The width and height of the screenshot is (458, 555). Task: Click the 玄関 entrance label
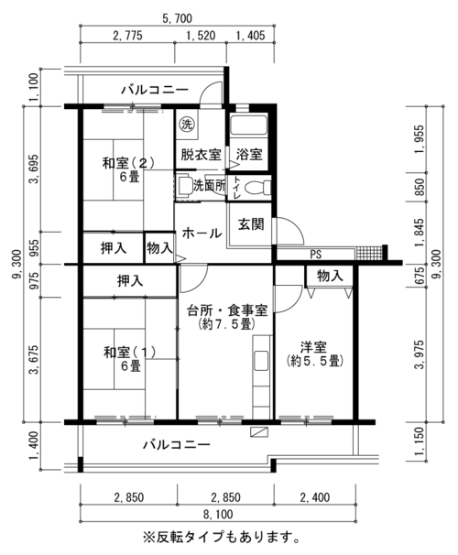point(251,224)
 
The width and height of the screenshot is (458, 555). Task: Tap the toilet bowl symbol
point(257,187)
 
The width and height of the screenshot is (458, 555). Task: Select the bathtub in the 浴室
point(248,125)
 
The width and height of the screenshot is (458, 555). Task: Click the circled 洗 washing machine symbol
point(186,125)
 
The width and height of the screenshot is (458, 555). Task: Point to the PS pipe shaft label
point(316,254)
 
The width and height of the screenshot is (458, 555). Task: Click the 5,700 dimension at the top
point(178,18)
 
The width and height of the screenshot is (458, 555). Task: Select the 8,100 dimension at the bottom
point(218,514)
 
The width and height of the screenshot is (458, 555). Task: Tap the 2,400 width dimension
point(315,497)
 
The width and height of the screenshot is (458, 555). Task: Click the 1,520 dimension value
point(201,36)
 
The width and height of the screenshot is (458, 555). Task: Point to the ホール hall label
point(202,233)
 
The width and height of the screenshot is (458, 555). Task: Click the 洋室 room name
point(314,347)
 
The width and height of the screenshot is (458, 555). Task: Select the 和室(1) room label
point(129,353)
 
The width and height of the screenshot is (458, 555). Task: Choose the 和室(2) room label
point(128,163)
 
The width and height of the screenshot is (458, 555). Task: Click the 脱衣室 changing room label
point(201,155)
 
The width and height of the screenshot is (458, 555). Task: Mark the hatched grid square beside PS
point(369,254)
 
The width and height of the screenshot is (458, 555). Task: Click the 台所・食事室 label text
point(227,310)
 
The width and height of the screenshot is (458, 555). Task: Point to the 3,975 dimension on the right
point(420,354)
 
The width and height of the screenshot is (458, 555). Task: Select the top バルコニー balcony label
point(155,90)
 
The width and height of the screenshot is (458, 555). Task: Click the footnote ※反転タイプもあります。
point(222,538)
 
